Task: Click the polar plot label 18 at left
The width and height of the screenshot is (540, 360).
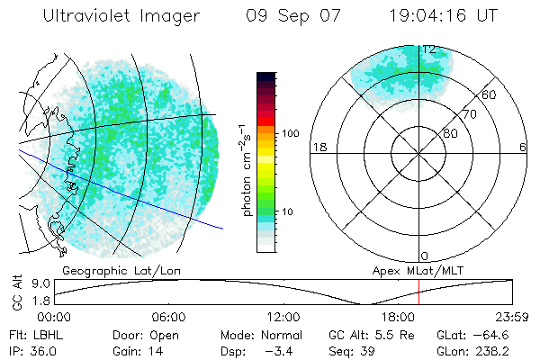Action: tap(318, 147)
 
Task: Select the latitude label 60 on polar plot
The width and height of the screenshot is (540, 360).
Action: tap(490, 94)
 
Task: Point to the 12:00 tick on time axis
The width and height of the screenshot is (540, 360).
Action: tap(284, 317)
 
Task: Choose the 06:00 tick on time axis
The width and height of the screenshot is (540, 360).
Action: tap(170, 317)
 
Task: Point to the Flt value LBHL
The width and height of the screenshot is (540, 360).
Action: tap(48, 334)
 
